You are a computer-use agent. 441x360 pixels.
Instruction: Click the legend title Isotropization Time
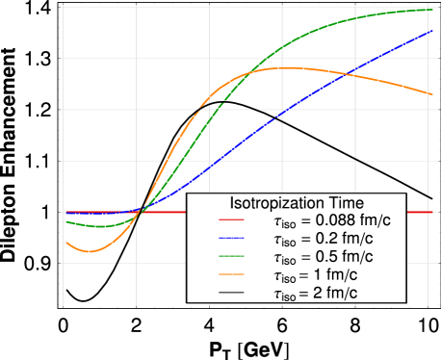[x=296, y=203]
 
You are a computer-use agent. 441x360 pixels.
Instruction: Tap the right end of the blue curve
[x=430, y=31]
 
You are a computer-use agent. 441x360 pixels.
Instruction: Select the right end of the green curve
[x=430, y=9]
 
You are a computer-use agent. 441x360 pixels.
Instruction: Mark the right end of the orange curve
[x=430, y=93]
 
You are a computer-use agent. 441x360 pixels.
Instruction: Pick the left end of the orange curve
[x=65, y=243]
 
